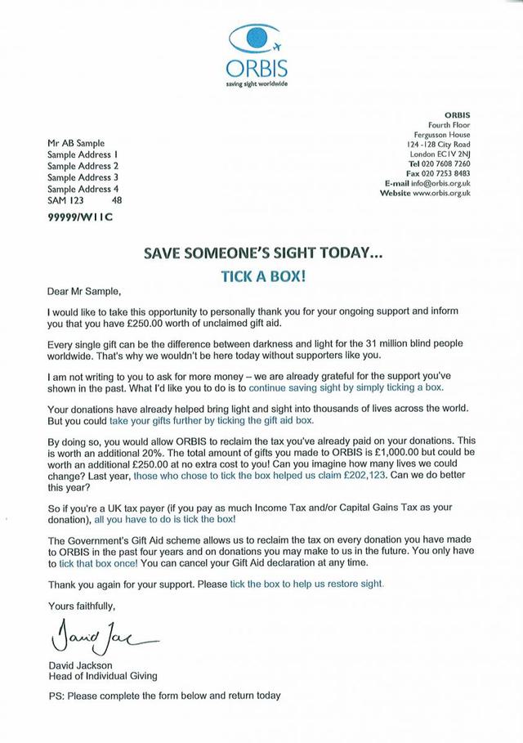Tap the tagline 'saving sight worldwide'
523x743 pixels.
click(257, 83)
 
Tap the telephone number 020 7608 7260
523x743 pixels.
click(446, 163)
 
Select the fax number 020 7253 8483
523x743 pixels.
click(446, 172)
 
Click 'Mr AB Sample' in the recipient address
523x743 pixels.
click(76, 142)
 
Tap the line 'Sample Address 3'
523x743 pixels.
click(83, 177)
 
